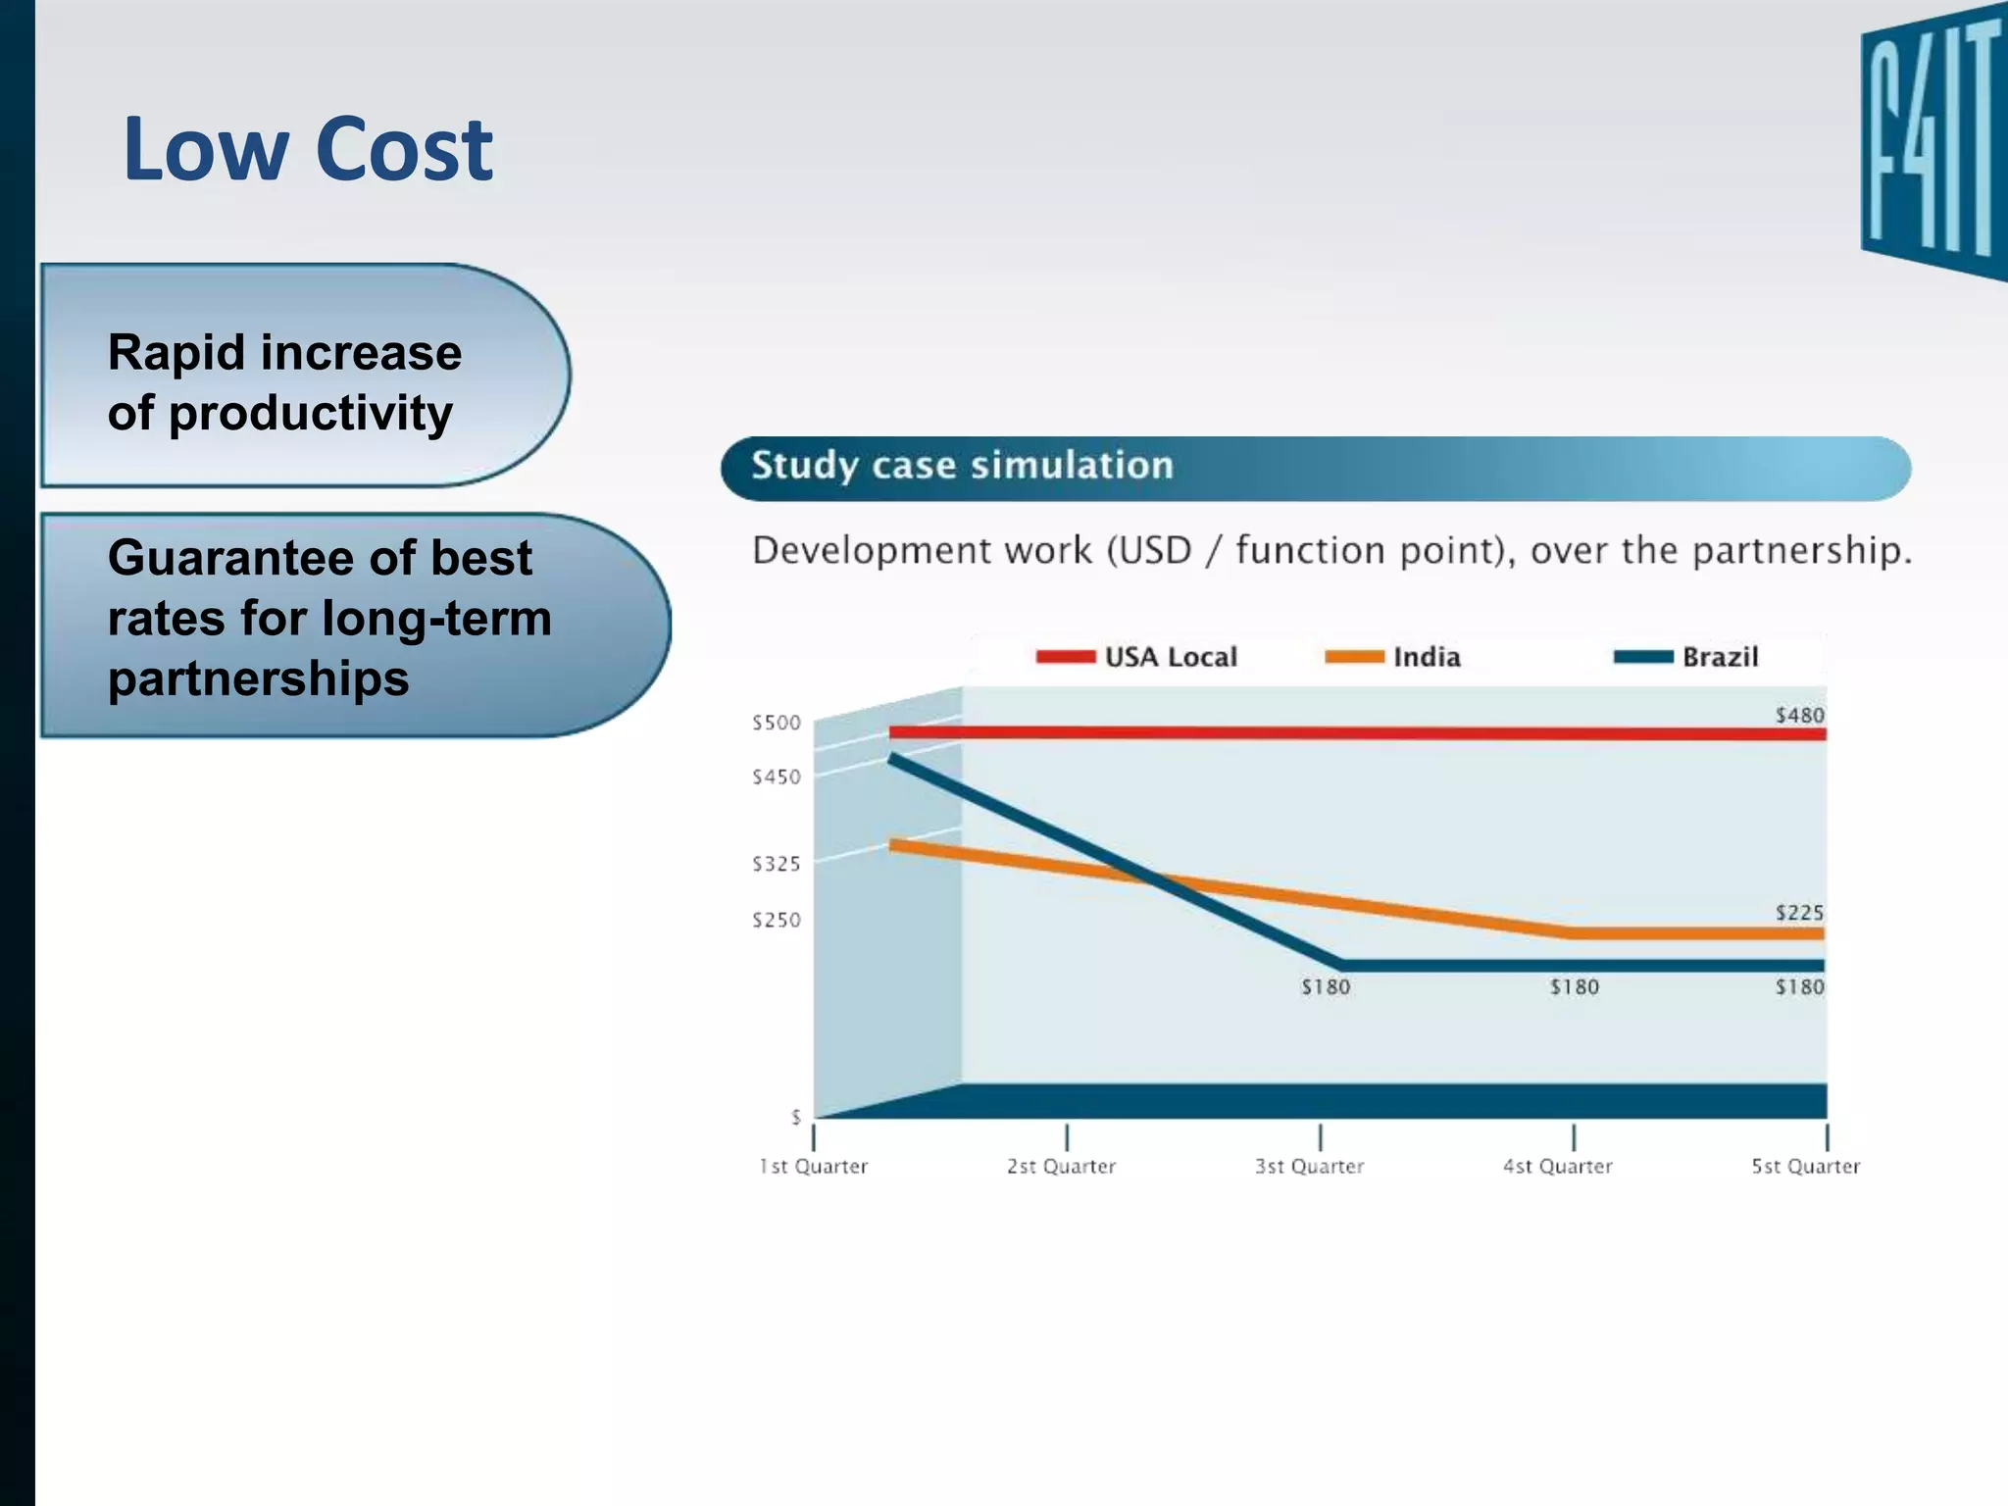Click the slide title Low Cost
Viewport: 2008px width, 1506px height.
[x=308, y=149]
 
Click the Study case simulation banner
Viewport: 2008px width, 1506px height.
[x=1314, y=468]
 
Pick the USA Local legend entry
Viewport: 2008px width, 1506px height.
[x=1137, y=657]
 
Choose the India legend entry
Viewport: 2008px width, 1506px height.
[x=1393, y=657]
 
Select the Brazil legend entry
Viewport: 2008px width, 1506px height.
[x=1686, y=657]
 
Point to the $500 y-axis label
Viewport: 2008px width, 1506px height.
[x=777, y=723]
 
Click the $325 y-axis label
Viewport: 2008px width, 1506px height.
[x=777, y=864]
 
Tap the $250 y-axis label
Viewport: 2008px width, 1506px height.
[x=777, y=920]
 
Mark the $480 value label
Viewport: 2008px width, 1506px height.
[x=1799, y=715]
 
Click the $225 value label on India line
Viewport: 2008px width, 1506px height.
[x=1799, y=912]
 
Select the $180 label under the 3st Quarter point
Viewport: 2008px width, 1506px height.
[x=1326, y=987]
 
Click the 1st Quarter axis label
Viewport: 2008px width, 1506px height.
[x=814, y=1166]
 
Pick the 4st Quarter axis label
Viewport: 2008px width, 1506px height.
[x=1557, y=1166]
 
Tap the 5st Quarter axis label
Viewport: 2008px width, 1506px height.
[x=1805, y=1166]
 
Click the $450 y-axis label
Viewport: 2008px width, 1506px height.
[x=777, y=777]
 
